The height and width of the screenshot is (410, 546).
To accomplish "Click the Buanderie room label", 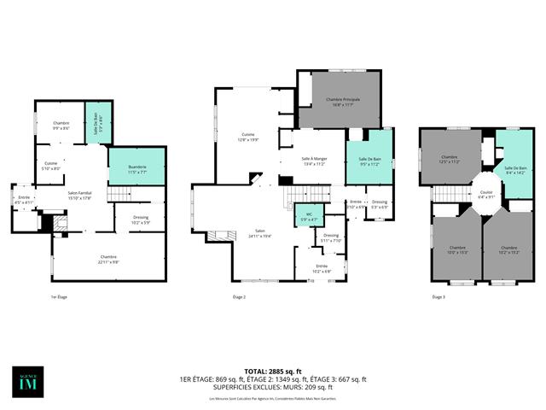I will coord(125,168).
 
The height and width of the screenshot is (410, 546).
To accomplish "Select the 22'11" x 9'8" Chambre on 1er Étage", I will coord(108,259).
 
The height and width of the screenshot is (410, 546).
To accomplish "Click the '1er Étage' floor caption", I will coord(60,296).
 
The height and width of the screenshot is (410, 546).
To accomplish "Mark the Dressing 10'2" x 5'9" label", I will coord(142,220).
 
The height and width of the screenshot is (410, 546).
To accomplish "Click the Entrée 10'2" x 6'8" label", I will coord(322,267).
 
